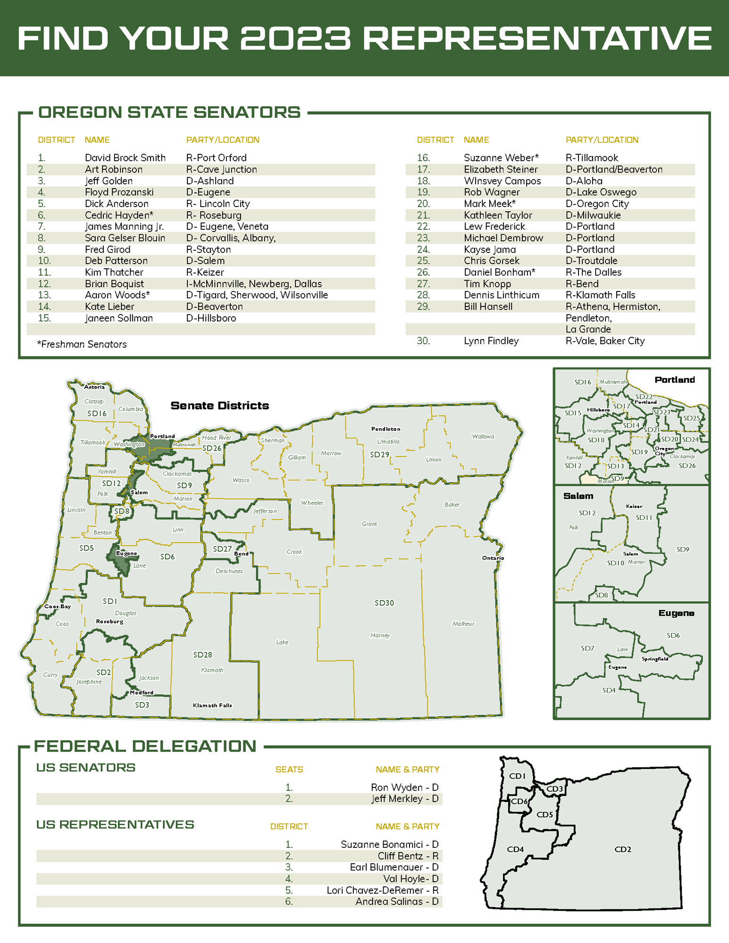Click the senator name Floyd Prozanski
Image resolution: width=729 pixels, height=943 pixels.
tap(119, 192)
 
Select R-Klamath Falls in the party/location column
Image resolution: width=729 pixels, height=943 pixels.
tap(600, 295)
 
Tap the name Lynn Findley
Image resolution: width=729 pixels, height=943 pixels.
tap(491, 341)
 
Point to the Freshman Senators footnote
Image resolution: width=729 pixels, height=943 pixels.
tap(82, 345)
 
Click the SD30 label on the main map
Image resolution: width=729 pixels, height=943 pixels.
tap(384, 603)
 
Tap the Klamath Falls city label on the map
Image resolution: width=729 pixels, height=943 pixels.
tap(212, 705)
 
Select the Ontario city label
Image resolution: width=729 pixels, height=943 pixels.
tap(493, 558)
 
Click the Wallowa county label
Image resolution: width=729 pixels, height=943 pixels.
tap(483, 437)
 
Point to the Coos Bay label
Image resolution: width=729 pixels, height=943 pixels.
tap(58, 606)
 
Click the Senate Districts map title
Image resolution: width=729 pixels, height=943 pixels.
tap(220, 405)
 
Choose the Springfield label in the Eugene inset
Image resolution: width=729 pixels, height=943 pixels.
tap(654, 659)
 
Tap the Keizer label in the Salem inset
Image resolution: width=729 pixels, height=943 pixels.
tap(634, 506)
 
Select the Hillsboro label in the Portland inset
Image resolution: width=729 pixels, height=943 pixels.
tap(598, 410)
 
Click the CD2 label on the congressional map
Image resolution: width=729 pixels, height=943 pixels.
tap(623, 850)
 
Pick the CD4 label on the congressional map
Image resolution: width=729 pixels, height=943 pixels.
tap(515, 850)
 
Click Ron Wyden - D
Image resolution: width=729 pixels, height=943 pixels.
tap(404, 787)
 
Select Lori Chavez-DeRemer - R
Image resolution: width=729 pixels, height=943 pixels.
tap(382, 890)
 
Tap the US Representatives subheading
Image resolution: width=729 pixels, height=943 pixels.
tap(115, 825)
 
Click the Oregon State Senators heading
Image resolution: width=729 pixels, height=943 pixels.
tap(169, 113)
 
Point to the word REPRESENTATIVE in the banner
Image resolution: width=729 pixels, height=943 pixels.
tap(537, 38)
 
